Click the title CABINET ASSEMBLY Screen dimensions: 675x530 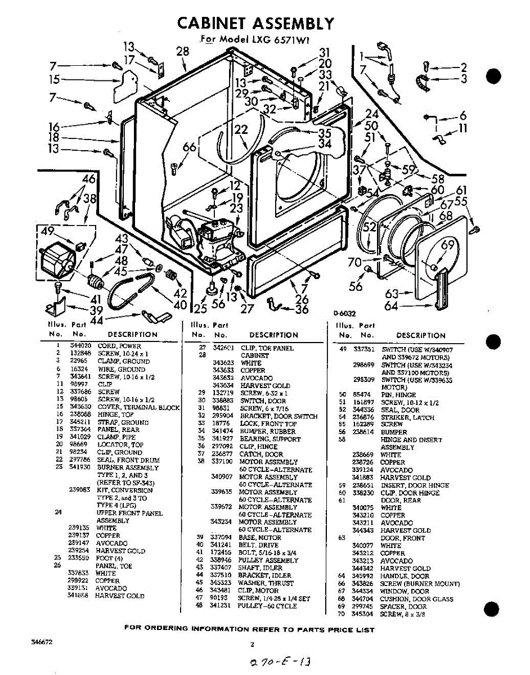point(256,24)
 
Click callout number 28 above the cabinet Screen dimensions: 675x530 point(182,51)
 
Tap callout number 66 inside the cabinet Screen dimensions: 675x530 point(190,147)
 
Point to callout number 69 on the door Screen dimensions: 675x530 point(448,245)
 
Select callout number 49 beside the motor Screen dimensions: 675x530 point(47,232)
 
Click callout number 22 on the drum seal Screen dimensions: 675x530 point(241,130)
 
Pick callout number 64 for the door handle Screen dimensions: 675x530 point(392,306)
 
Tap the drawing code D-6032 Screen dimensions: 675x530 point(344,313)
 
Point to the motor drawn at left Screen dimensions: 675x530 point(57,262)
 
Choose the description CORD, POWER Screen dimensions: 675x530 point(119,346)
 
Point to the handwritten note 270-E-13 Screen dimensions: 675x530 point(281,660)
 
